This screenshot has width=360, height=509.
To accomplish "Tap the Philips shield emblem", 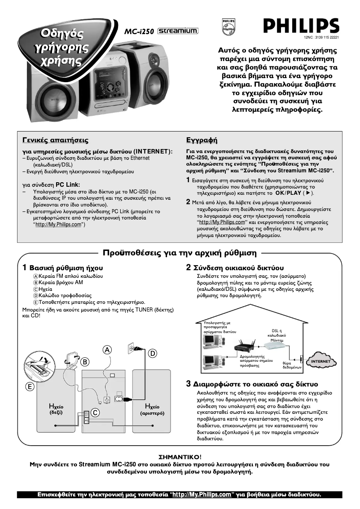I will click(x=228, y=26).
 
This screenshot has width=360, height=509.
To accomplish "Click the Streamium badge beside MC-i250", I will click(x=178, y=31).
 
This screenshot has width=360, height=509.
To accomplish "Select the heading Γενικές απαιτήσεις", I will click(x=56, y=140).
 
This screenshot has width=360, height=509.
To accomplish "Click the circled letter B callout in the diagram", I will click(x=84, y=362).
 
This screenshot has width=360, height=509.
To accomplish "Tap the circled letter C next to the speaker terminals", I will click(x=96, y=412).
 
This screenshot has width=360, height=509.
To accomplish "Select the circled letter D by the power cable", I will click(x=152, y=353).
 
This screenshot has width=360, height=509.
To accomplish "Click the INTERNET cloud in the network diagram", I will click(x=321, y=361).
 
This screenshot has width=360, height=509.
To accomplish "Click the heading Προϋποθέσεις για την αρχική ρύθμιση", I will click(x=180, y=252).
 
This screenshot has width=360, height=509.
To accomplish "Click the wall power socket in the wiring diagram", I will click(x=132, y=348).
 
